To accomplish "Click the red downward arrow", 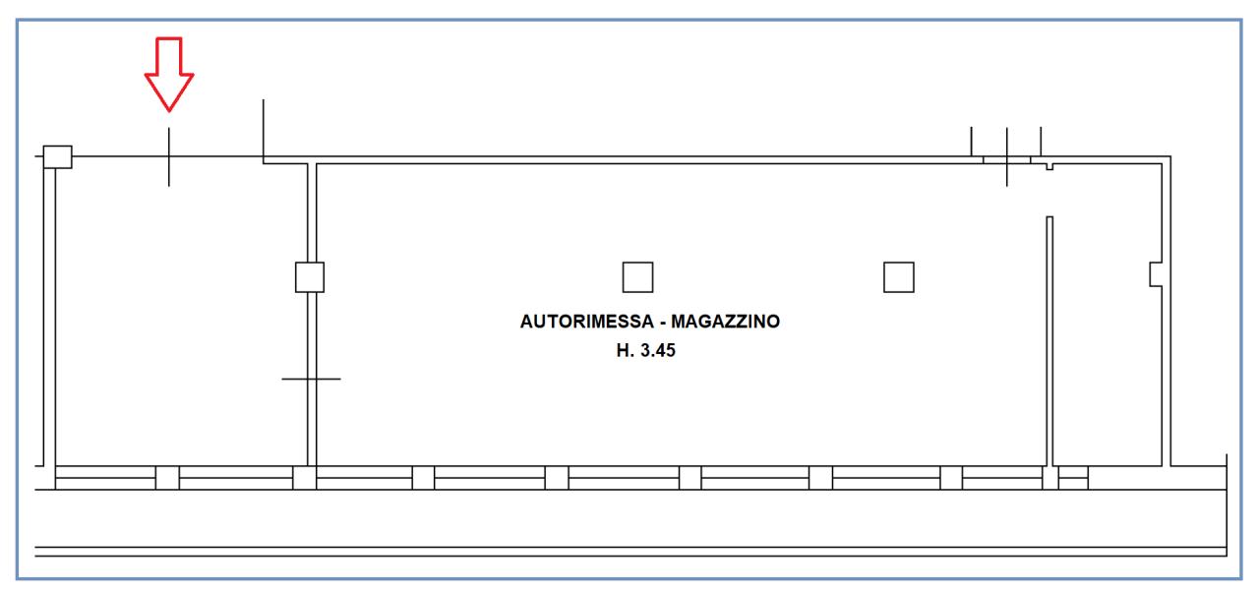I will pos(169,75).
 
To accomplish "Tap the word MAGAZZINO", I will pos(726,322).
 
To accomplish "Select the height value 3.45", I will pos(658,349).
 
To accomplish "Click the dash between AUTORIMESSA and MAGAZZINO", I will pos(666,322).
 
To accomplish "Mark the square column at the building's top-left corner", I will pos(58,156).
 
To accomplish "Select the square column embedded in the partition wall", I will pos(310,277).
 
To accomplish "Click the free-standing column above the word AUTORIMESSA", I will pos(637,277).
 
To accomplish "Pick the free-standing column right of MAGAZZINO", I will pos(898,277).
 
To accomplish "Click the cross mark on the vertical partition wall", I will pos(311,379).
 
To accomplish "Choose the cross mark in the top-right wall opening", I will pos(1006,157).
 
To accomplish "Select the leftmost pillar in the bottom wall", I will pos(167,478).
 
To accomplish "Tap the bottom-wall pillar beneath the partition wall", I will pos(305,478).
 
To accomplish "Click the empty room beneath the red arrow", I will pos(177,315).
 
